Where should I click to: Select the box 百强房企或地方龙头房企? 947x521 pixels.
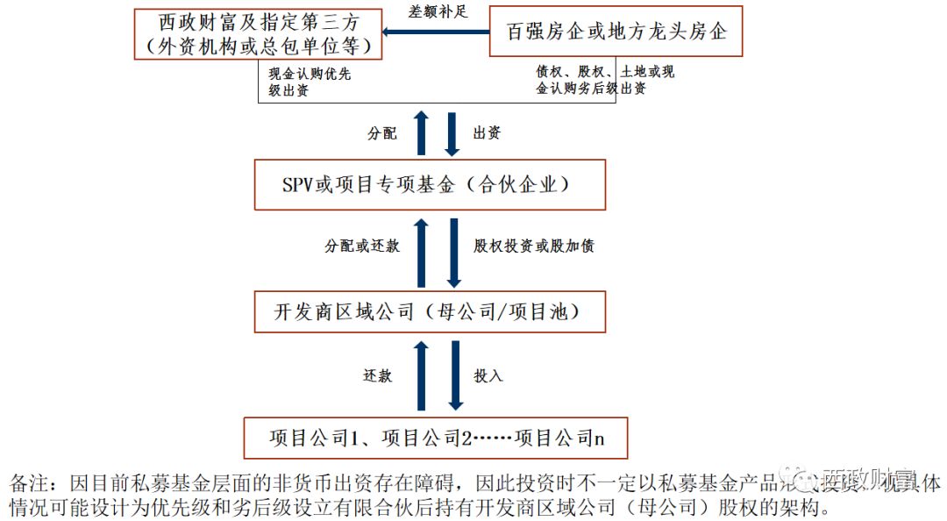tap(616, 32)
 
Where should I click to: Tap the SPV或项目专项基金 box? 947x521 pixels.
tap(430, 184)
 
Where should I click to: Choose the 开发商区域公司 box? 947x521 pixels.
tap(430, 311)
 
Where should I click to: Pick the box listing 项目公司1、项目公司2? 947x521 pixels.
tap(436, 438)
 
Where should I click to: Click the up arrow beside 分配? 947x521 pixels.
tap(421, 132)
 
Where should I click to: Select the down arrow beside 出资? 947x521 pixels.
tap(453, 132)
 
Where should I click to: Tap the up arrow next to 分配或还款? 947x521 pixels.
tap(421, 253)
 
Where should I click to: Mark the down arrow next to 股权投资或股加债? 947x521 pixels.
tap(453, 253)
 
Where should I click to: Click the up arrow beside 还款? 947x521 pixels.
tap(421, 375)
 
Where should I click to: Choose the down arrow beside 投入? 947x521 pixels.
tap(453, 375)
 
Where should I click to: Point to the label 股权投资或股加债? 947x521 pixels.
tap(533, 246)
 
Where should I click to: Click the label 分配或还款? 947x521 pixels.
tap(361, 246)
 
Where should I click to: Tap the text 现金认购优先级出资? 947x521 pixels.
tap(310, 82)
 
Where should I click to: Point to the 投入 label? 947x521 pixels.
tap(488, 375)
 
